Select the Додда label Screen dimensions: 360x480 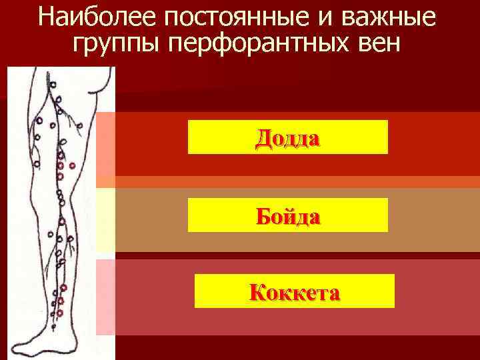[x=287, y=137]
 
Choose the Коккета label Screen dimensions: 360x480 [x=294, y=291]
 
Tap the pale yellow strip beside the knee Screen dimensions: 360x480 [x=105, y=220]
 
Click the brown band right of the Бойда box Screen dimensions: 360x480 [x=433, y=219]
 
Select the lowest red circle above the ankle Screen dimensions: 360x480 [x=59, y=312]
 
